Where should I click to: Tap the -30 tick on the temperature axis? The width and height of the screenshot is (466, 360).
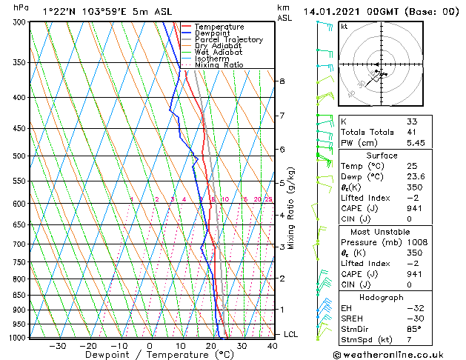[x=57, y=345]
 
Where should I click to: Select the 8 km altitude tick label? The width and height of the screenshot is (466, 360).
[x=282, y=81]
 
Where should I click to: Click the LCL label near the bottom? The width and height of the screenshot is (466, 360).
[x=291, y=334]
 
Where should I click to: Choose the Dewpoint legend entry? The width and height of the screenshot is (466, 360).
[x=213, y=33]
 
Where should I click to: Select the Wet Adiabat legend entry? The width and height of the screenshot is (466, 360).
[x=218, y=53]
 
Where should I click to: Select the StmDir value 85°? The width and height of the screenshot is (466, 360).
[x=413, y=329]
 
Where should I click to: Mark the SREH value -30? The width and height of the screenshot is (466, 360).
[x=414, y=319]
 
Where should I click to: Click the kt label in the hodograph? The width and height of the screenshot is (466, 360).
[x=344, y=26]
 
